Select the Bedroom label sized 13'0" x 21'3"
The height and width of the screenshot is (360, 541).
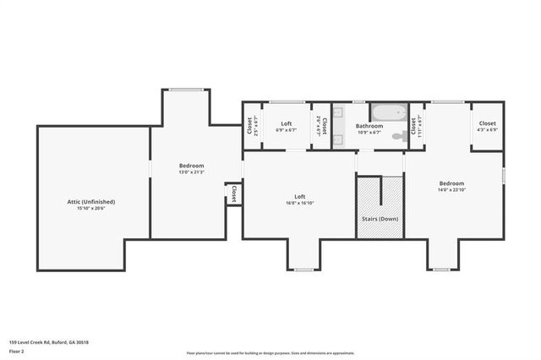coord(191,166)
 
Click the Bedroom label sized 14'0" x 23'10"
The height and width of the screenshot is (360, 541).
coord(451,183)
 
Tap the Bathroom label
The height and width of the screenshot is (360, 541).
coord(369,126)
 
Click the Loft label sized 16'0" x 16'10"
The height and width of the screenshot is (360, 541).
coord(299,197)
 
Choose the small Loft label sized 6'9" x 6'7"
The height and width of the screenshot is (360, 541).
coord(286,123)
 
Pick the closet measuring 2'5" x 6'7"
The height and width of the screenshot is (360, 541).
coord(251,127)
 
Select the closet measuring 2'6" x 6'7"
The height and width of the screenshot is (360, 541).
coord(321,127)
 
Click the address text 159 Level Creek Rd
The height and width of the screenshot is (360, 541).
coord(48,342)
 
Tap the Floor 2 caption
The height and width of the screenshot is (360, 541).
coord(16,351)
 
